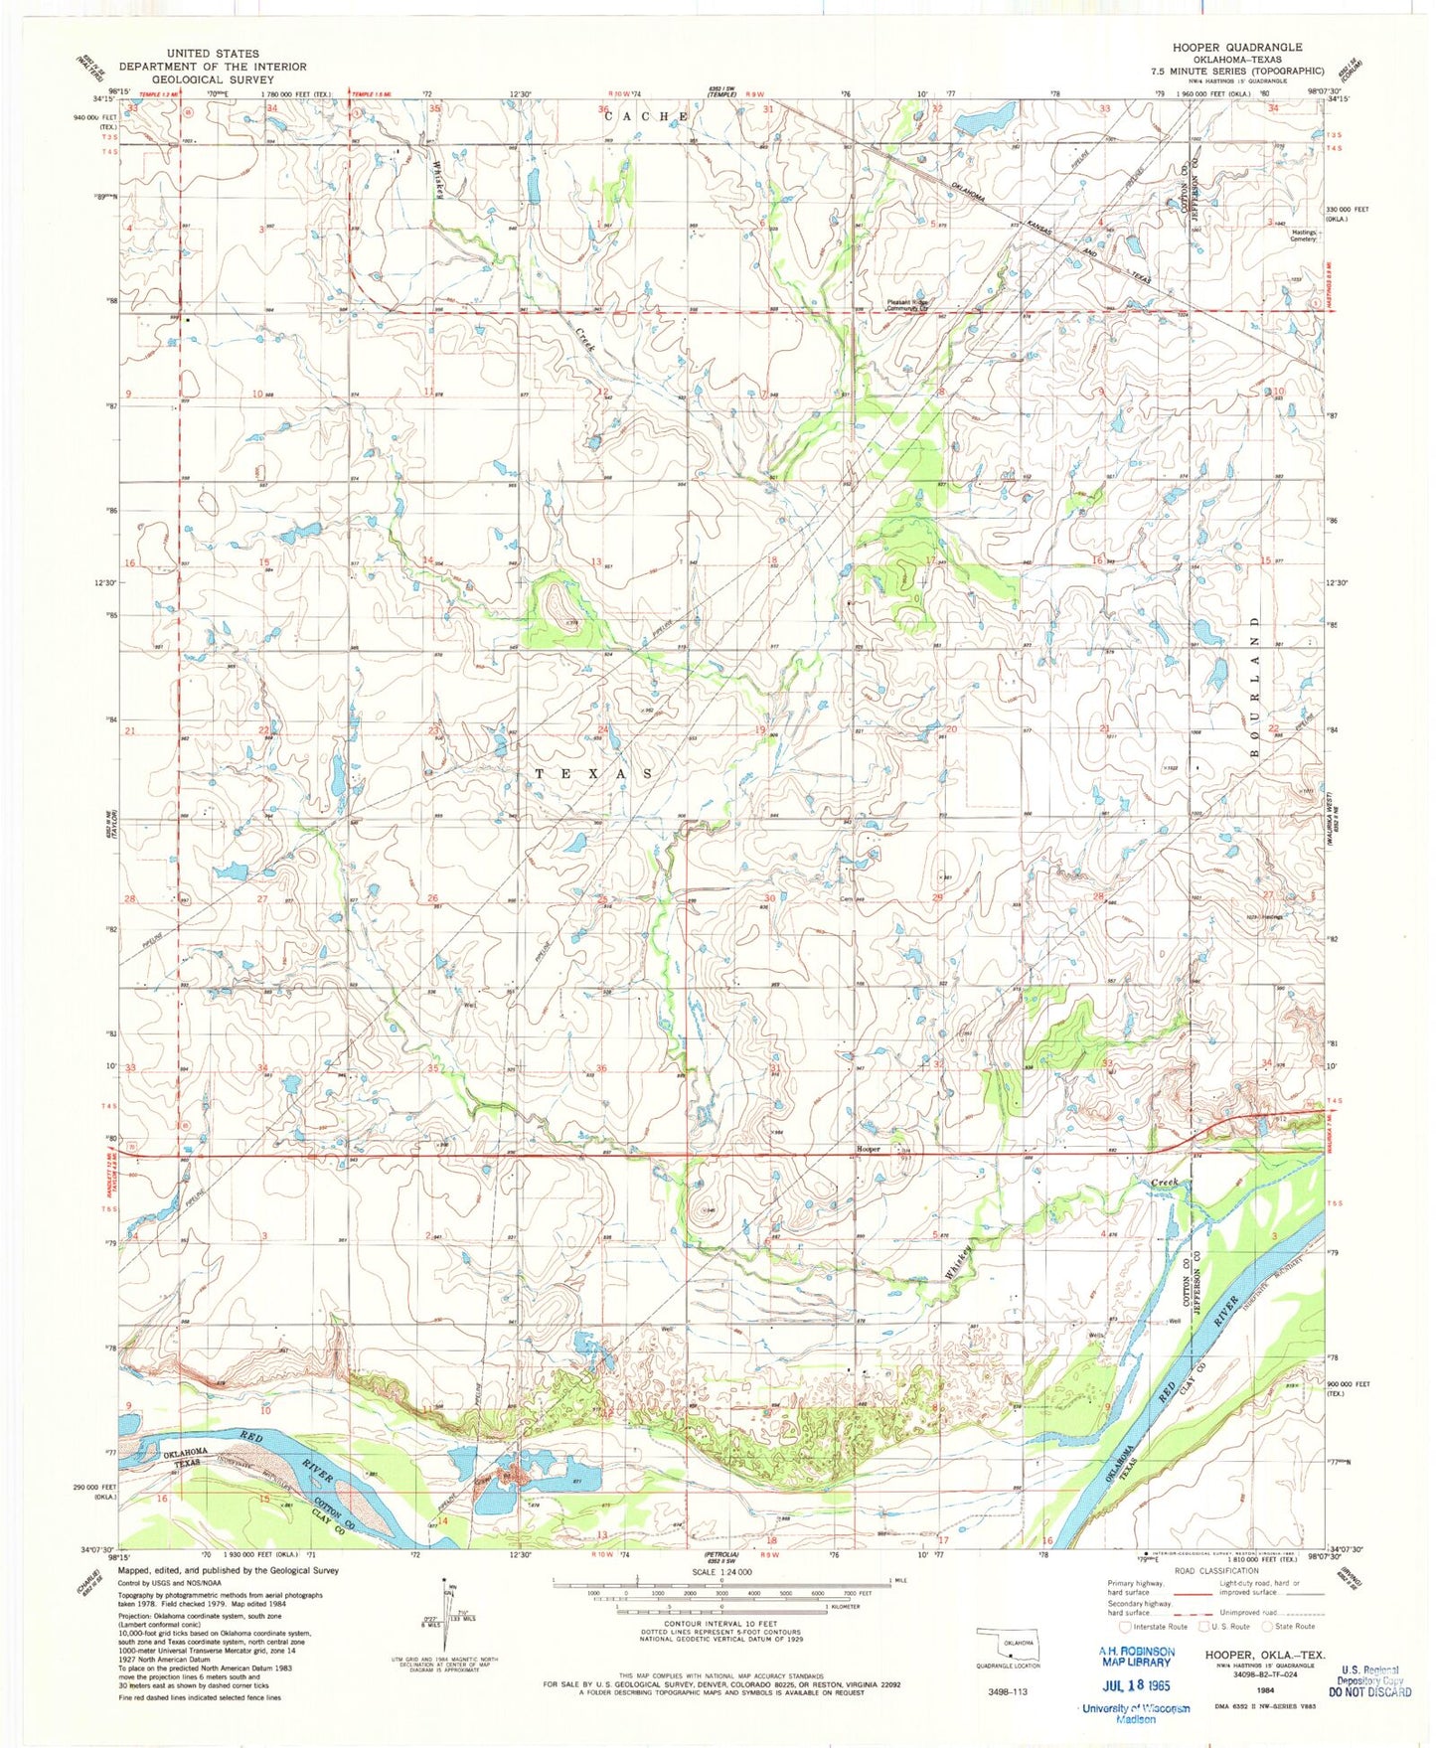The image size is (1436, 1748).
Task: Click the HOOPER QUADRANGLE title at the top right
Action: (x=1236, y=47)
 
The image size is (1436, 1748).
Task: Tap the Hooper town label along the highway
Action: (x=869, y=1149)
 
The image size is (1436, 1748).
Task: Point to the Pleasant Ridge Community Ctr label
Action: (x=907, y=306)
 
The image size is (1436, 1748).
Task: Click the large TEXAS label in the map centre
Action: (x=595, y=773)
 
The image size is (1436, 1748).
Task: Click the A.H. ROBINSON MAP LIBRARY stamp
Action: (x=1135, y=1656)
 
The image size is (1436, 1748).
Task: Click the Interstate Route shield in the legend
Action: (x=1125, y=1627)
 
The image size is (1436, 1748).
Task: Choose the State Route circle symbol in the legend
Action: (x=1268, y=1627)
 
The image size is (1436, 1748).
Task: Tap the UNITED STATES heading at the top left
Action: (x=213, y=54)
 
